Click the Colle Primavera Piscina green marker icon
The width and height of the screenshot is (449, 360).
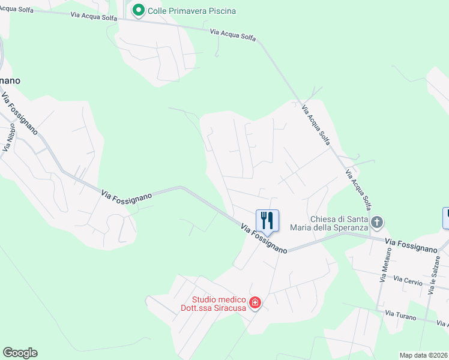pyautogui.click(x=138, y=11)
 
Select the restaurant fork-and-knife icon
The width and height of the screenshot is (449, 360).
pyautogui.click(x=267, y=220)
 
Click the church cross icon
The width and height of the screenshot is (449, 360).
pyautogui.click(x=376, y=223)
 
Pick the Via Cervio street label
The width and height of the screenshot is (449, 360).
pyautogui.click(x=409, y=280)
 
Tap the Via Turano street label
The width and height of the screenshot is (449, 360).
pyautogui.click(x=400, y=314)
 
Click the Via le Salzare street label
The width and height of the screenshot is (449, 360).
pyautogui.click(x=436, y=275)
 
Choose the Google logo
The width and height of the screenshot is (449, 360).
pyautogui.click(x=20, y=353)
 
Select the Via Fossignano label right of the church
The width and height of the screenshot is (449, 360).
pyautogui.click(x=411, y=244)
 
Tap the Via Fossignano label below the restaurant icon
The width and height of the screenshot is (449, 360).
pyautogui.click(x=264, y=239)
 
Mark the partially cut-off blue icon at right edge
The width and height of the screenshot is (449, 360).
pyautogui.click(x=446, y=218)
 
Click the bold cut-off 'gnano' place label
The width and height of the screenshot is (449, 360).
pyautogui.click(x=10, y=80)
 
